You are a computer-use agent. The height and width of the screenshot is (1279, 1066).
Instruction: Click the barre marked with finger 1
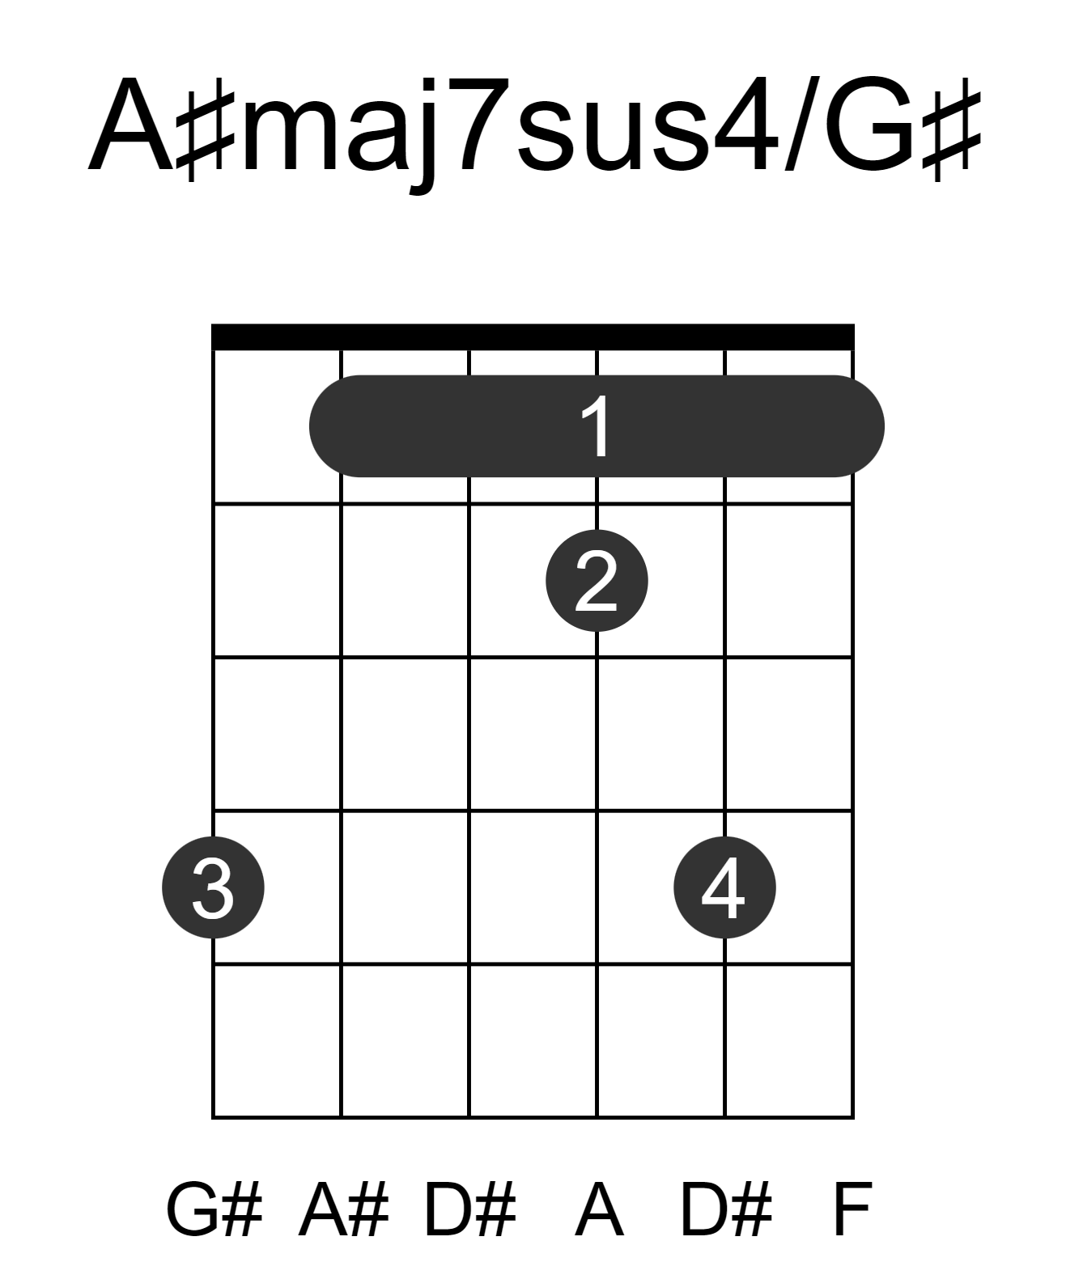[x=596, y=426]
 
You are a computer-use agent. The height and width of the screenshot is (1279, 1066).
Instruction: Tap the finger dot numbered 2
[x=597, y=580]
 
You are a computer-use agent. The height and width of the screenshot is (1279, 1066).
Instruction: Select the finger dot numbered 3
[x=213, y=887]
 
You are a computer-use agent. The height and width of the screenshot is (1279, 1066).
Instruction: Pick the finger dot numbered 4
[x=724, y=887]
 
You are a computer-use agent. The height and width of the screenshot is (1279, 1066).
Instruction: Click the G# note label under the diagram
[x=214, y=1210]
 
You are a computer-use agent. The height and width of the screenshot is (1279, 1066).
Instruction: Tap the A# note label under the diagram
[x=342, y=1210]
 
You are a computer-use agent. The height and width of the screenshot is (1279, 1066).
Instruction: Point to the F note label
[x=852, y=1210]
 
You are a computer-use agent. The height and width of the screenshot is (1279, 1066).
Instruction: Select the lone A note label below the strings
[x=599, y=1210]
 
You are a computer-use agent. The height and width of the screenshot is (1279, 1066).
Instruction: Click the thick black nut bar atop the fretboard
[x=532, y=337]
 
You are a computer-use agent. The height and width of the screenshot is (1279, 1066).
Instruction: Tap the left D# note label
[x=470, y=1210]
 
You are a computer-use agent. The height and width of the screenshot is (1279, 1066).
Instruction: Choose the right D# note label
[x=726, y=1210]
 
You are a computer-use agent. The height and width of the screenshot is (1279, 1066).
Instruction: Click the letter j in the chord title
[x=423, y=136]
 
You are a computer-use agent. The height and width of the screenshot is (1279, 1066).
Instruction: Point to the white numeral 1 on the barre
[x=595, y=426]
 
